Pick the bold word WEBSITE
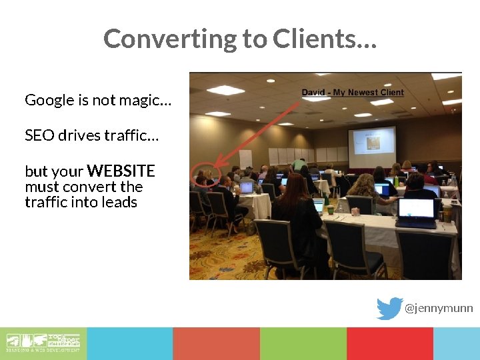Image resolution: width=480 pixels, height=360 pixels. click(121, 171)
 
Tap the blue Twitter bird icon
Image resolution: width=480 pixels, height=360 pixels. click(389, 309)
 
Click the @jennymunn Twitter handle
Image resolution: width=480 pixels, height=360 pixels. click(439, 309)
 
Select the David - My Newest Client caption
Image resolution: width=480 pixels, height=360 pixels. click(353, 93)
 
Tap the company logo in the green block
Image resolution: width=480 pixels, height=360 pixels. click(43, 343)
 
